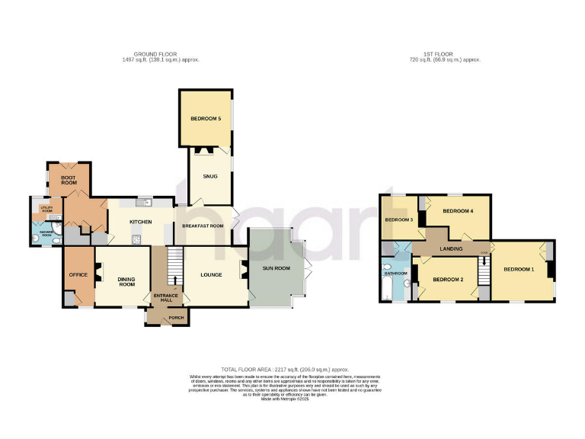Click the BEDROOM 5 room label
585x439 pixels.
(205, 119)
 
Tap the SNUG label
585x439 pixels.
(210, 176)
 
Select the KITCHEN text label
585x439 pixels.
(141, 222)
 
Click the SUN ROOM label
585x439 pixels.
(277, 269)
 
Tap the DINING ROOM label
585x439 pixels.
(126, 282)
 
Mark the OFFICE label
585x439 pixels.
(78, 274)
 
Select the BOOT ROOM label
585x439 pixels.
(69, 180)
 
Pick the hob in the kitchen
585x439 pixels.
(138, 239)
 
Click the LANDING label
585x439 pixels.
(452, 248)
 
